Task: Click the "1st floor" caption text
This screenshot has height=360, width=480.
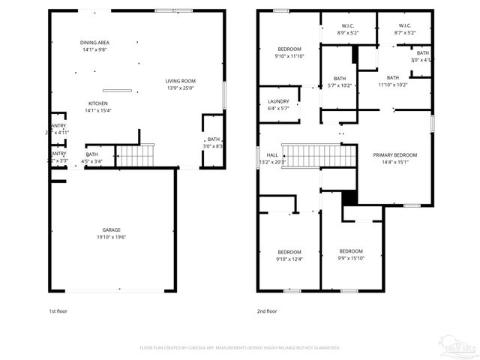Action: pos(58,310)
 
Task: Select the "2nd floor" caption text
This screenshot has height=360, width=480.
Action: pos(267,310)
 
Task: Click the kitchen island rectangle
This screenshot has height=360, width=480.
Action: pos(117,91)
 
